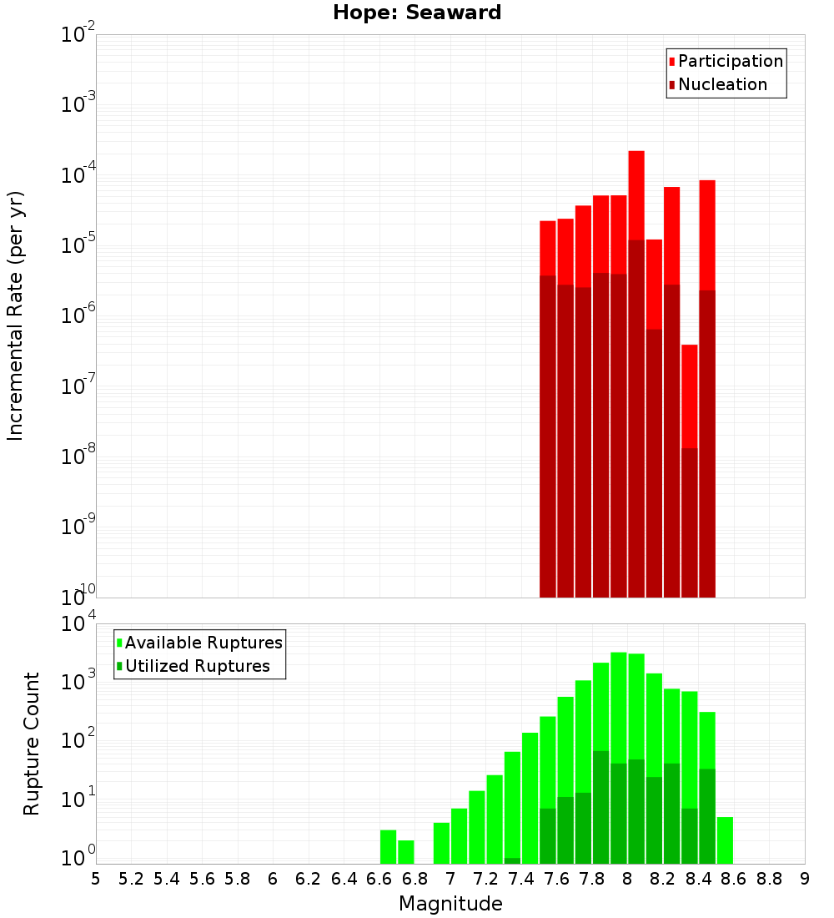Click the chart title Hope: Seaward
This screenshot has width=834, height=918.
(x=417, y=13)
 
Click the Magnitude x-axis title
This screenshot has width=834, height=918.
(x=450, y=904)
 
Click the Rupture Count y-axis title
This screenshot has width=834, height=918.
(x=32, y=744)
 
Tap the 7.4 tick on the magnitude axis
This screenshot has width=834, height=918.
(x=521, y=879)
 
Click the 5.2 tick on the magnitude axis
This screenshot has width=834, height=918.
(x=131, y=879)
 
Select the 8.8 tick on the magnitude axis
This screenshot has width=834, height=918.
(x=769, y=879)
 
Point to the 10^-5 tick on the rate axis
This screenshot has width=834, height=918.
(x=78, y=245)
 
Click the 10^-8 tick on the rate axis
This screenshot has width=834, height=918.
(x=78, y=456)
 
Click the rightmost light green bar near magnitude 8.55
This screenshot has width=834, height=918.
(x=725, y=840)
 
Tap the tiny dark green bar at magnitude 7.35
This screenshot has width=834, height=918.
(x=512, y=860)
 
